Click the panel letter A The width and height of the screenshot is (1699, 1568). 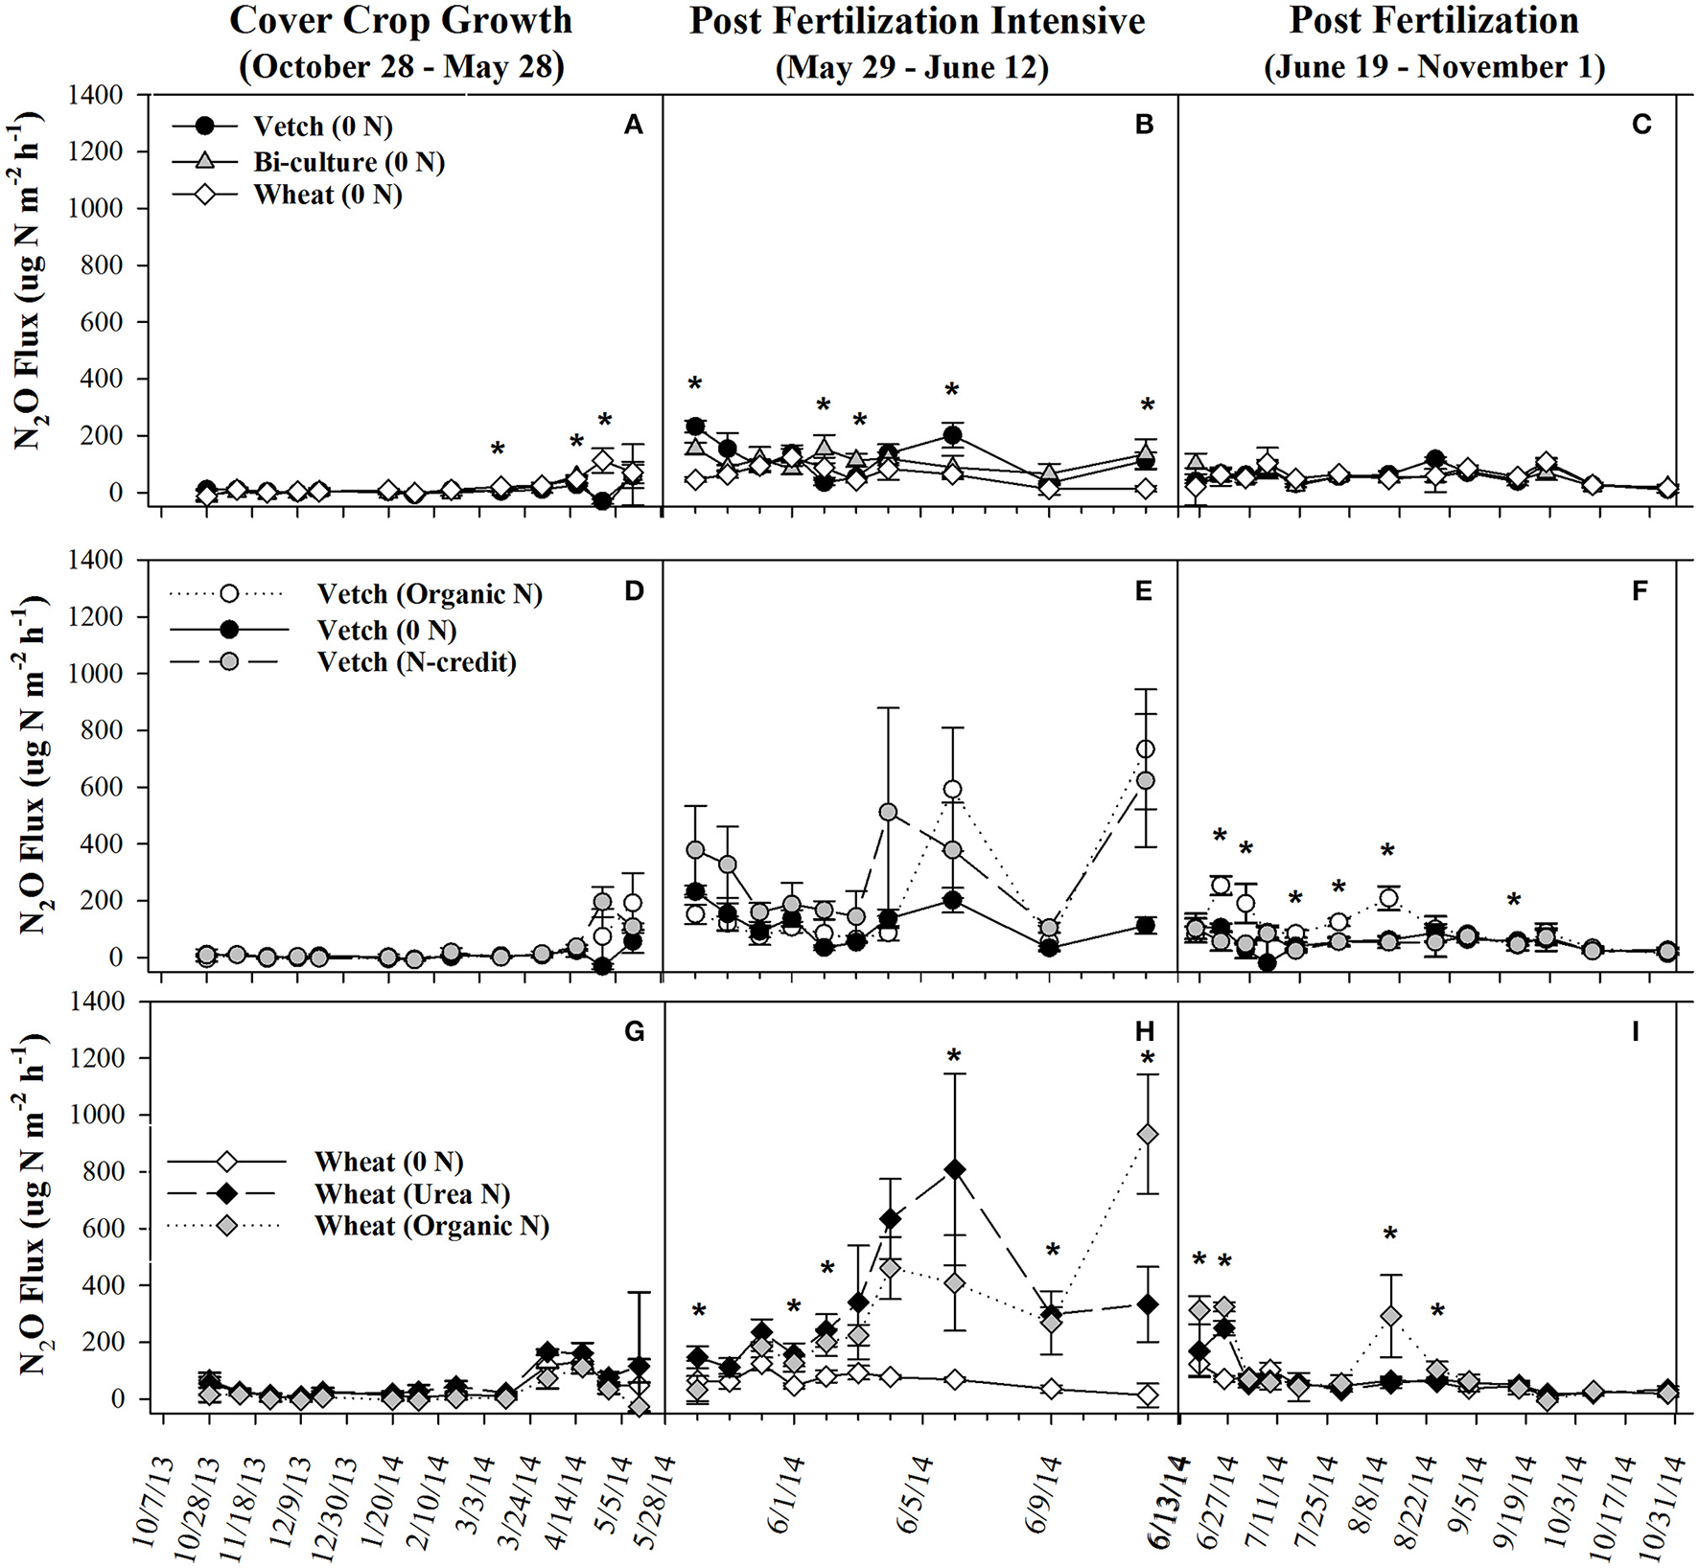(x=633, y=126)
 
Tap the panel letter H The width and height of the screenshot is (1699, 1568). (x=1145, y=1032)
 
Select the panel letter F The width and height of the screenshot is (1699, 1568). (x=1640, y=591)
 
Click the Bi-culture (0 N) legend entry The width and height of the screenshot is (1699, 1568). (x=348, y=161)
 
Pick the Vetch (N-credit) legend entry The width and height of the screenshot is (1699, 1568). (x=417, y=662)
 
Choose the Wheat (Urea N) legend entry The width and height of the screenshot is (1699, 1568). (x=412, y=1194)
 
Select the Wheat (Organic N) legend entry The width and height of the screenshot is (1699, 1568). (x=431, y=1226)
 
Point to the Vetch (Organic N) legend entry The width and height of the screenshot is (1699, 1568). (x=429, y=594)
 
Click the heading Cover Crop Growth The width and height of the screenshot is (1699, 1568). (x=401, y=21)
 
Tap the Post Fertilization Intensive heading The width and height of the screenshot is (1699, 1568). (x=917, y=21)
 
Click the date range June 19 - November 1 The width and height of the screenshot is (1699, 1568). (x=1434, y=67)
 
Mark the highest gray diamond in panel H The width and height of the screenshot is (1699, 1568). (x=1146, y=1135)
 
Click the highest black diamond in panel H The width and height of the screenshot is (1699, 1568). (x=954, y=1169)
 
